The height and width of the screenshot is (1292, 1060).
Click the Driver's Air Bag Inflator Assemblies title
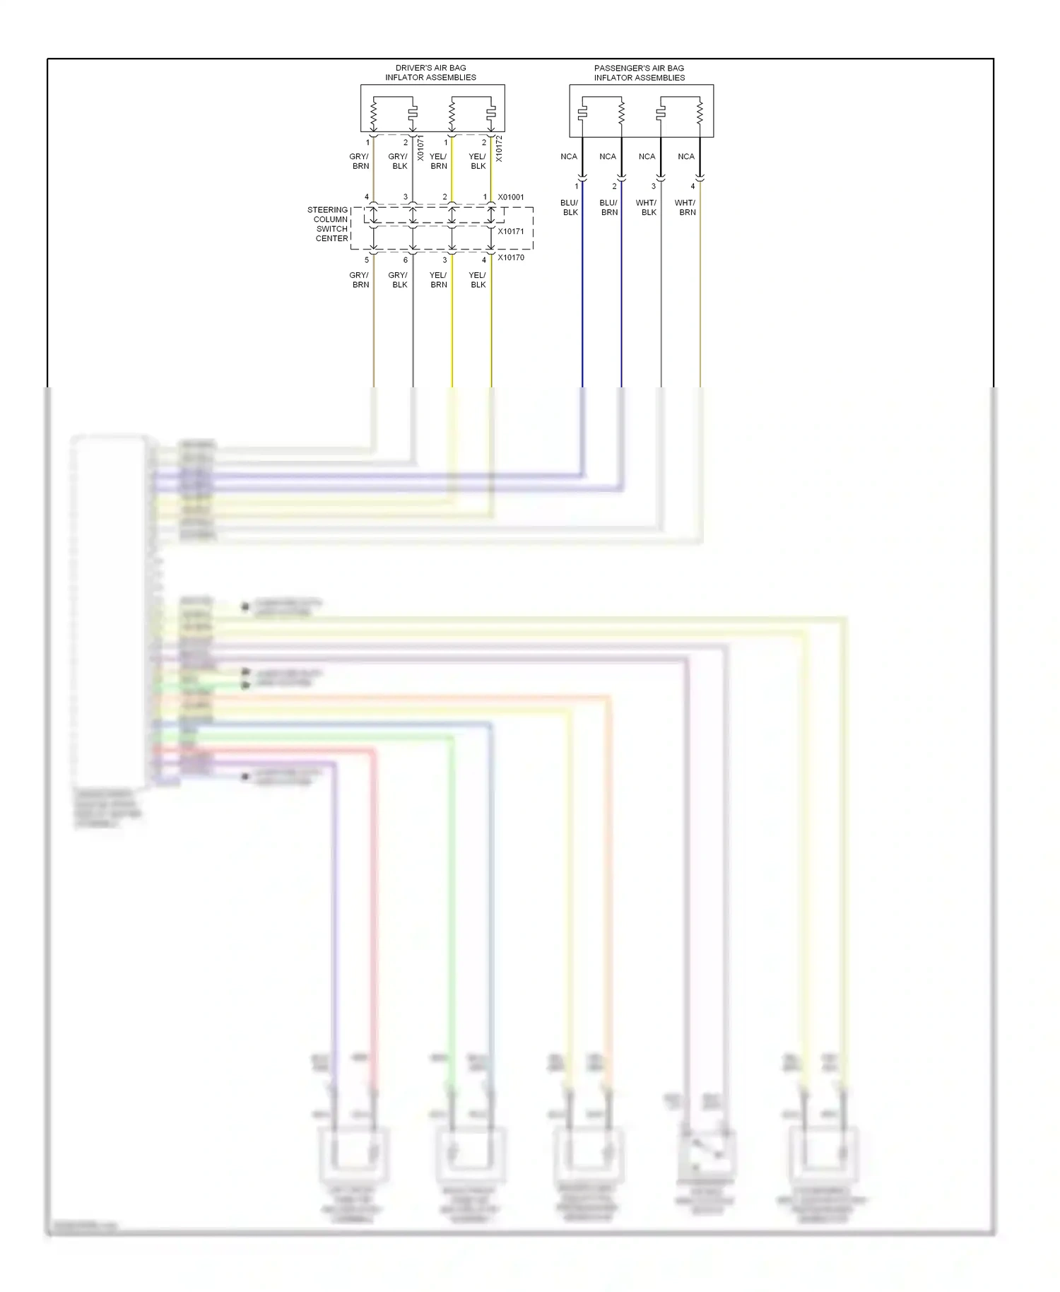(x=430, y=73)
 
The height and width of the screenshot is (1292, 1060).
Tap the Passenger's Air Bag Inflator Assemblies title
(x=639, y=73)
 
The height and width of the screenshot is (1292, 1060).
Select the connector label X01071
(x=420, y=148)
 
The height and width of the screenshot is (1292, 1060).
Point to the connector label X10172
(x=499, y=148)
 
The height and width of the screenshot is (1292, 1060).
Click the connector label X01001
(x=511, y=197)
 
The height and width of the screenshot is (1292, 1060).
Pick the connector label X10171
(x=511, y=231)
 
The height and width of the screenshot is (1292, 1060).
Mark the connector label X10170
(x=511, y=257)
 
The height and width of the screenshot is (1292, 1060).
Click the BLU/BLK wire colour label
(x=570, y=207)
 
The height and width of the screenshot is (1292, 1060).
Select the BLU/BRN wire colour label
(x=608, y=207)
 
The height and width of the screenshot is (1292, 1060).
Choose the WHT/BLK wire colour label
(x=647, y=207)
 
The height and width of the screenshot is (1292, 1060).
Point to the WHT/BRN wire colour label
(x=685, y=207)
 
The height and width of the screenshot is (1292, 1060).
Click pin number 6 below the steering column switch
(x=406, y=260)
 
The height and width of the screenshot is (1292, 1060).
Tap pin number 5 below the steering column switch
(x=367, y=260)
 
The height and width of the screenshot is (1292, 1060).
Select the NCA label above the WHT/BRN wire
(x=686, y=157)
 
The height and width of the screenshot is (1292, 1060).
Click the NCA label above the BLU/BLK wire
(x=569, y=157)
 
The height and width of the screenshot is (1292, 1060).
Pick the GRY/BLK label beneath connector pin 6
(x=399, y=280)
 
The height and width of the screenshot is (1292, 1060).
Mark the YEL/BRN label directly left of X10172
(x=438, y=161)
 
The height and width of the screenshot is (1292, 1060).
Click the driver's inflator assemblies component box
(x=432, y=108)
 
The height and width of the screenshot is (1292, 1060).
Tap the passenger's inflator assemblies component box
(x=641, y=111)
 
